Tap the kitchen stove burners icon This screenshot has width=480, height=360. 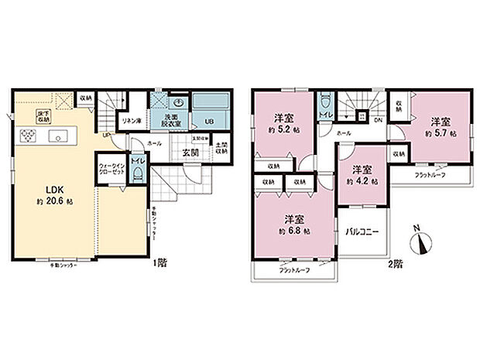click(28, 137)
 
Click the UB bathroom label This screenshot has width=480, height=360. click(208, 122)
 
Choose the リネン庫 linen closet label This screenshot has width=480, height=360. click(128, 122)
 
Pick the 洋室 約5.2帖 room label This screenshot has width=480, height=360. click(286, 124)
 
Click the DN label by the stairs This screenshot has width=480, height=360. click(379, 121)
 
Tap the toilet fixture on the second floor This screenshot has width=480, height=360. click(325, 101)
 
